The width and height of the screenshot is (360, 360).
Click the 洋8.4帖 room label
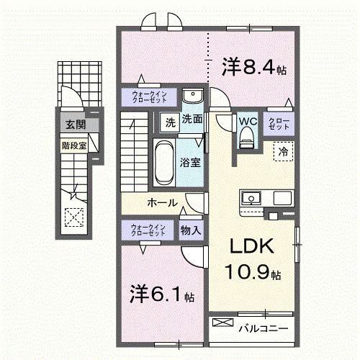coord(254,68)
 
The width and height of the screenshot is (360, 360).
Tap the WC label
coord(248,121)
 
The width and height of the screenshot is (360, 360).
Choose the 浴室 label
coord(191,163)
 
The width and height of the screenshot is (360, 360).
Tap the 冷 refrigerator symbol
coord(283,152)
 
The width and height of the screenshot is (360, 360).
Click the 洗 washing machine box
coord(171,121)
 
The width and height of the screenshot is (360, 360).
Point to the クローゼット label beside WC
coord(279,123)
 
